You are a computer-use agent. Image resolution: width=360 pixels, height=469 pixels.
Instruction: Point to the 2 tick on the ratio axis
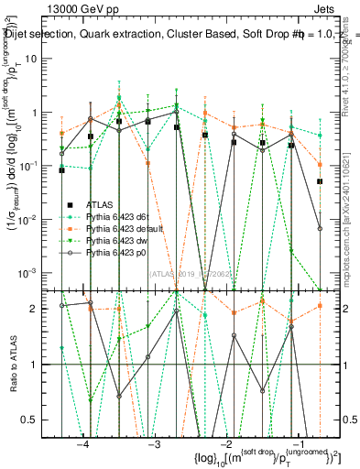(46, 309)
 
